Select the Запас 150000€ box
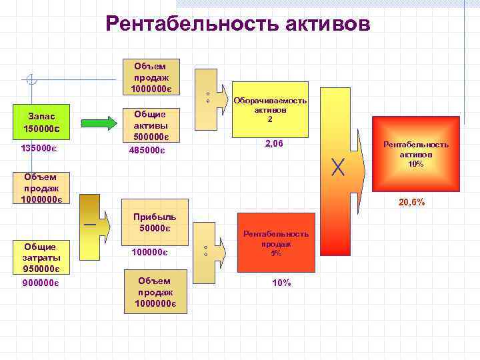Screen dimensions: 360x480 [x=41, y=121]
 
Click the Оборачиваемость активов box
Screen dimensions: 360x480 [x=269, y=110]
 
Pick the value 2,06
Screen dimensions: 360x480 [x=274, y=143]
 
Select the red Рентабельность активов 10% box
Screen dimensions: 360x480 [x=415, y=153]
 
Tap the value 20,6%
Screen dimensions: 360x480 [x=412, y=202]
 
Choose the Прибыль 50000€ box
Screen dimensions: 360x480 [x=153, y=223]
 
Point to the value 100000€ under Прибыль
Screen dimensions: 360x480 [x=149, y=253]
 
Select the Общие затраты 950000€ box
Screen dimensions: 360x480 [x=41, y=257]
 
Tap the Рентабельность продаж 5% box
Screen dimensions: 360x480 [x=275, y=243]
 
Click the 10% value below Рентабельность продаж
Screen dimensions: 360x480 [x=281, y=283]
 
